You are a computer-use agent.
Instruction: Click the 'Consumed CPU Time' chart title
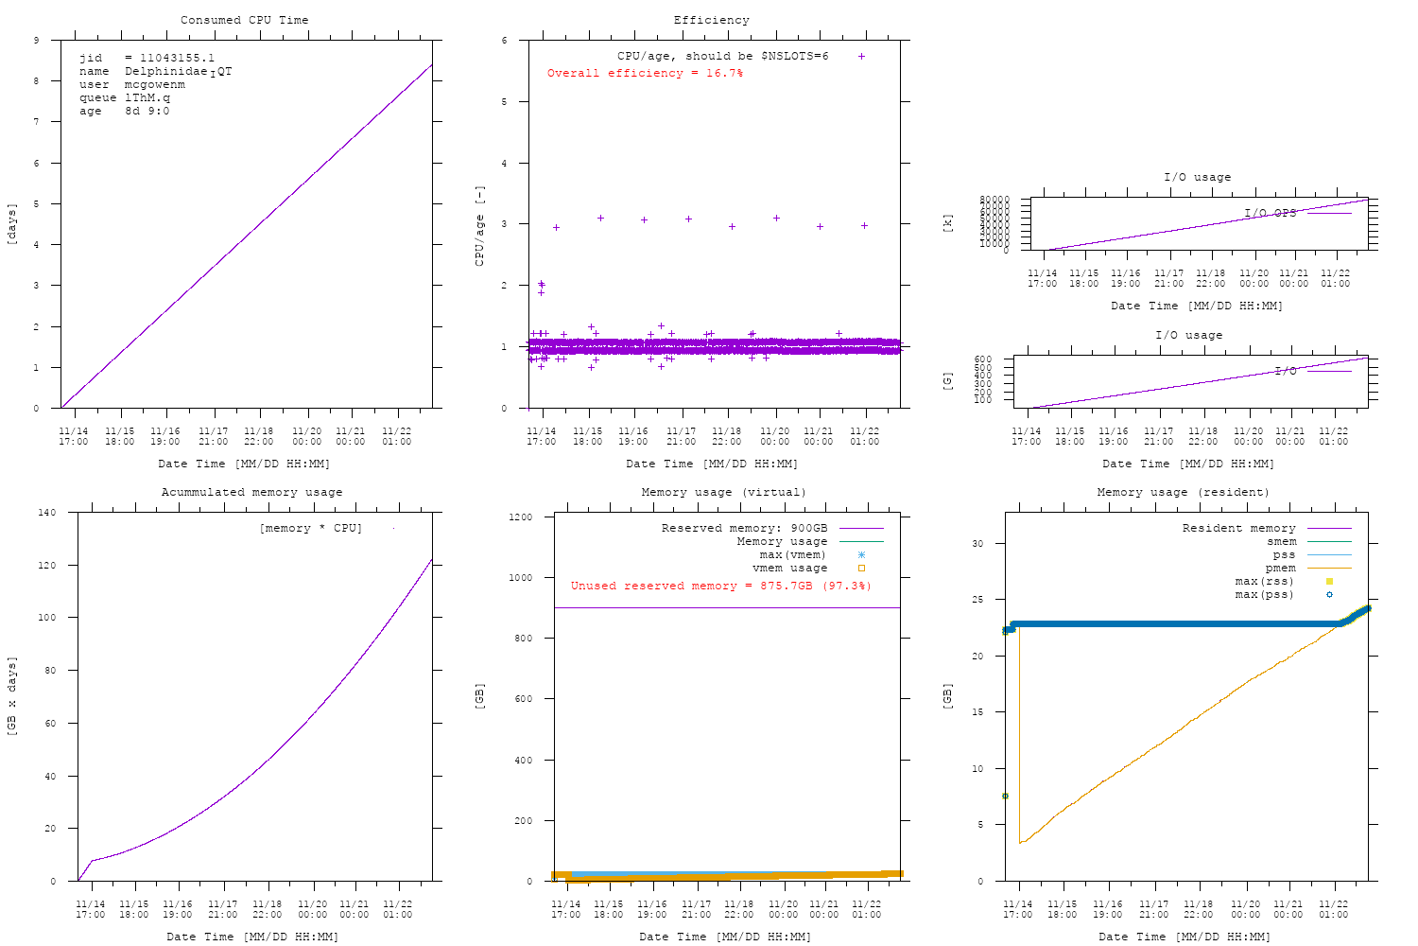[244, 20]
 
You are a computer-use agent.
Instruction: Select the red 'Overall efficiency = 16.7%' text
[645, 73]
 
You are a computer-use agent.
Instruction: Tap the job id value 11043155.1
[177, 58]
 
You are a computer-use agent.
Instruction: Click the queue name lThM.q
[147, 97]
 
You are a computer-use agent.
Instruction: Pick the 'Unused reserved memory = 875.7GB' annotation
[720, 586]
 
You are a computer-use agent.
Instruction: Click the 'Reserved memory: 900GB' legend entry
[744, 528]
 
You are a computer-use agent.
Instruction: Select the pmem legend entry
[1281, 568]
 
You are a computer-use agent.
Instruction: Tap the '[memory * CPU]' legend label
[310, 528]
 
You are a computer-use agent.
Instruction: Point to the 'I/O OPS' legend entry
[1270, 213]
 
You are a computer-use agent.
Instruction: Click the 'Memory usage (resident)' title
[1183, 492]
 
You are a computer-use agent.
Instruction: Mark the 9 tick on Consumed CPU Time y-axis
[36, 41]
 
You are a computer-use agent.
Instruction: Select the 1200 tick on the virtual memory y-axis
[521, 517]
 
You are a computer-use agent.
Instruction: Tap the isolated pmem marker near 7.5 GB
[1005, 796]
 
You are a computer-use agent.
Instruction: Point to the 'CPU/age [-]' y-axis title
[479, 225]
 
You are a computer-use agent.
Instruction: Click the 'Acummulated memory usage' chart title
[251, 492]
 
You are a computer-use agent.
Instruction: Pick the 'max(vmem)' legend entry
[792, 554]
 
